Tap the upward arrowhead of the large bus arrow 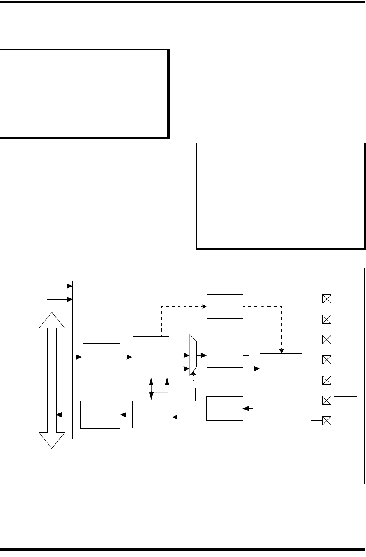[52, 320]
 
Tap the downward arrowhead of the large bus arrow [52, 440]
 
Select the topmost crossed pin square [327, 299]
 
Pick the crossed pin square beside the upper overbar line [327, 400]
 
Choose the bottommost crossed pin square [327, 420]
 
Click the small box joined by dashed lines [225, 307]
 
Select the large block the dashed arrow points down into [281, 374]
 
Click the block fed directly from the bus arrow [101, 357]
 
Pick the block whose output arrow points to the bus [100, 415]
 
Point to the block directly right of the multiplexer [225, 355]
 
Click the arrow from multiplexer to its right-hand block [202, 355]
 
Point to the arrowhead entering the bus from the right [58, 415]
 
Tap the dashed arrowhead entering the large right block [281, 351]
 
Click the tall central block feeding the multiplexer [151, 357]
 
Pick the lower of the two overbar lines [345, 417]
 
